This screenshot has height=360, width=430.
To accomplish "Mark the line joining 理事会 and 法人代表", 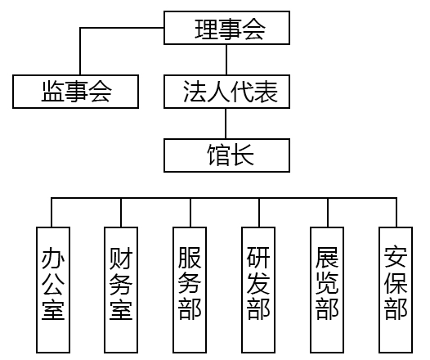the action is click(x=226, y=60).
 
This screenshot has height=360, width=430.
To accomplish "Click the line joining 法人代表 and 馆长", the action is click(x=226, y=124).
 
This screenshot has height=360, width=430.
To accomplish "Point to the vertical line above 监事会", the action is click(x=80, y=51).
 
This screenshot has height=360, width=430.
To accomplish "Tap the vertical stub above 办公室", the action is click(x=52, y=212).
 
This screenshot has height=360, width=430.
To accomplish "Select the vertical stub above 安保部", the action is click(x=396, y=212).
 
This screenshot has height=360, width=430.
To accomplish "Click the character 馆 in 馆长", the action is click(x=218, y=155).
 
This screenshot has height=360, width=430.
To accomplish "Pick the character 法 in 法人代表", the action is click(x=195, y=92).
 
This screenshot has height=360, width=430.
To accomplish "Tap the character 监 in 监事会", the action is click(x=53, y=91).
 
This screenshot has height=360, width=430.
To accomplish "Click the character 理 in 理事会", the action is click(x=206, y=29).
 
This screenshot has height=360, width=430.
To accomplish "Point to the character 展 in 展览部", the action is click(x=327, y=258).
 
